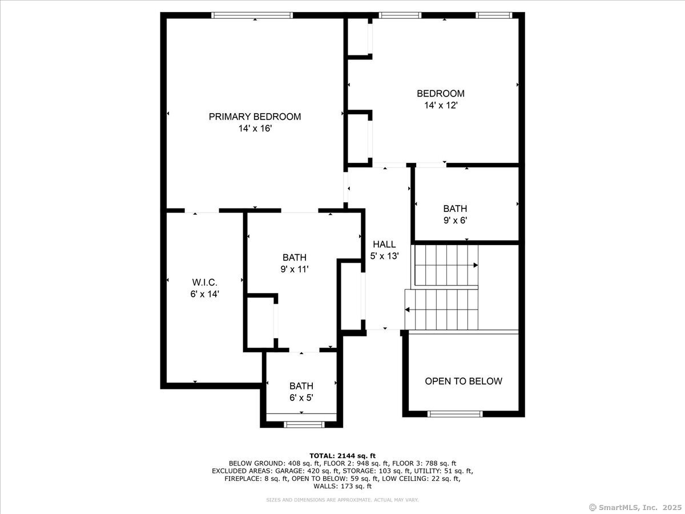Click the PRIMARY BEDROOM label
click(x=255, y=117)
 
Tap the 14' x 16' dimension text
click(x=255, y=129)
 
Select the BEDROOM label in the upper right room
click(x=440, y=93)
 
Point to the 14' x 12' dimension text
click(x=440, y=106)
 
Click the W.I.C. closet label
click(x=204, y=282)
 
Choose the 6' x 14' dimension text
click(x=204, y=294)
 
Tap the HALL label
click(x=384, y=244)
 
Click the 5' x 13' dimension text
click(x=384, y=256)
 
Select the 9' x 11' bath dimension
click(x=295, y=269)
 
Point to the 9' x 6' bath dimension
click(x=455, y=220)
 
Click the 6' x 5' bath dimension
click(x=301, y=398)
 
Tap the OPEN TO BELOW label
click(x=464, y=381)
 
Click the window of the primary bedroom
click(x=252, y=15)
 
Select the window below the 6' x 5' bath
click(x=304, y=424)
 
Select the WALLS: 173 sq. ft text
click(x=342, y=487)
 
